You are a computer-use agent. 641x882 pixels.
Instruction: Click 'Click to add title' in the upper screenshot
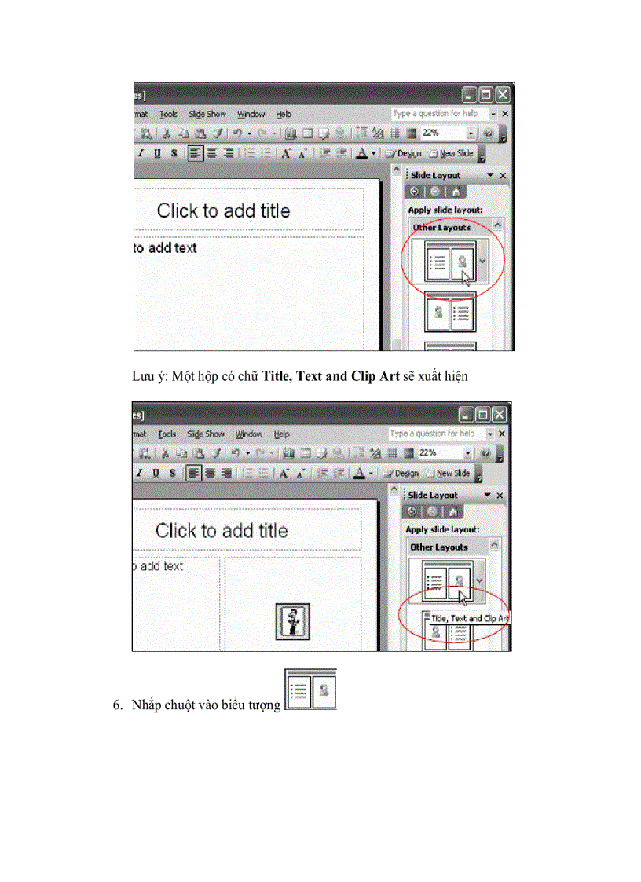click(223, 210)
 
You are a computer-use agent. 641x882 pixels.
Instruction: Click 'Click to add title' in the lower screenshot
click(222, 530)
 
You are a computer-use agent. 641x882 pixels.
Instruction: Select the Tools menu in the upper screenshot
click(169, 114)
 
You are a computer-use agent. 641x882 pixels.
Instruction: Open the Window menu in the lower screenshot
click(248, 434)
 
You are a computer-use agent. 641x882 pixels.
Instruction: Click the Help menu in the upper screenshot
click(284, 114)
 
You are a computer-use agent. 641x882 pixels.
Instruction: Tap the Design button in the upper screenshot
click(405, 153)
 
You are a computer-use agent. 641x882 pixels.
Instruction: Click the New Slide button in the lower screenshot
click(450, 473)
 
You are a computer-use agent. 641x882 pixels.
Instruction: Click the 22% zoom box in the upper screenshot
click(442, 134)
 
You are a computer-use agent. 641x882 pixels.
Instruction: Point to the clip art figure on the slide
click(295, 619)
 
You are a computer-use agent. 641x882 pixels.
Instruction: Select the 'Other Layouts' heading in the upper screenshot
click(441, 227)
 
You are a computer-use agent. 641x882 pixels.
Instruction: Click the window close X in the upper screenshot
click(501, 95)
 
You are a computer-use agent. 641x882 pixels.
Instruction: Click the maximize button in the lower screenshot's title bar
click(483, 414)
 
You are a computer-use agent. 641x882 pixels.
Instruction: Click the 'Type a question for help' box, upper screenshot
click(435, 114)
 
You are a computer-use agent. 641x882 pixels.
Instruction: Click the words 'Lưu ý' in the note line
click(145, 376)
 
